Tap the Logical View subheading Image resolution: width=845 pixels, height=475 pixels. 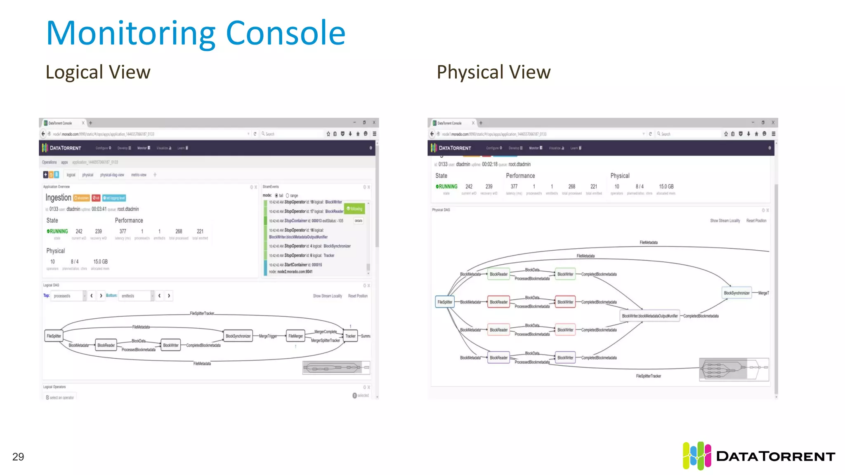click(98, 72)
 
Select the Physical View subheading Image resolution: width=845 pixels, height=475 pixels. click(493, 72)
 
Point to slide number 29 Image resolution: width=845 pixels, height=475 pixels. click(18, 457)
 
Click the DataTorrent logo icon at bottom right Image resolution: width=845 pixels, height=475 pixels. click(696, 456)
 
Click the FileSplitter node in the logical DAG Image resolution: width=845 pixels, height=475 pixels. click(54, 336)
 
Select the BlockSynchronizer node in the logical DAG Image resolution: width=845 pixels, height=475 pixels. click(238, 336)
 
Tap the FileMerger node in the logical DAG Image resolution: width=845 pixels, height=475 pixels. click(295, 336)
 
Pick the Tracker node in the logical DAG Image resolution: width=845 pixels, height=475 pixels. click(350, 336)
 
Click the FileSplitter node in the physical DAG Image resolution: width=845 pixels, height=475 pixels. click(445, 302)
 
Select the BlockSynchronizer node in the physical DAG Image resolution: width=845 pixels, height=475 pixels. click(736, 293)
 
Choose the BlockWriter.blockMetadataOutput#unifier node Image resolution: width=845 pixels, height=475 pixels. click(649, 316)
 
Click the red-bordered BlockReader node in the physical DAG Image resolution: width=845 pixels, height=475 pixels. click(498, 302)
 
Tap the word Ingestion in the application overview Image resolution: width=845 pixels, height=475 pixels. click(58, 198)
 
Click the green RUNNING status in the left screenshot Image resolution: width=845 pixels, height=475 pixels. click(57, 232)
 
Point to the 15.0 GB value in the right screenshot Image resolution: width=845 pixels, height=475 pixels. click(666, 187)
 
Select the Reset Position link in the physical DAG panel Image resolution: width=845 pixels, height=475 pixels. click(756, 221)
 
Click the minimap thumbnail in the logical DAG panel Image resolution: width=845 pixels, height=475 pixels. click(336, 367)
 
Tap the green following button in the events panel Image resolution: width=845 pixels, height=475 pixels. click(355, 209)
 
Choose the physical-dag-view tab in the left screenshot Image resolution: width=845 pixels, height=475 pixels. click(112, 175)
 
